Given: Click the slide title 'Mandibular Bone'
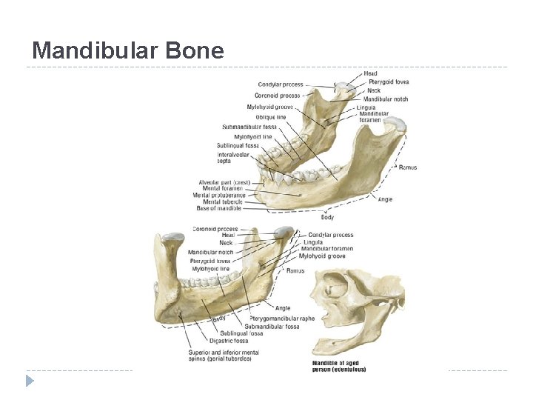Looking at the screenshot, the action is [x=128, y=50].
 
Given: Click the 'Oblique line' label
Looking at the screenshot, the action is [x=270, y=117].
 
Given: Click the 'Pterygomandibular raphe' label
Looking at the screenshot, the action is [x=282, y=319].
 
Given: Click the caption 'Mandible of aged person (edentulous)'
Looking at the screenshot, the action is [x=338, y=366].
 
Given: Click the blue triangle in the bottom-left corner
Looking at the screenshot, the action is [x=29, y=381].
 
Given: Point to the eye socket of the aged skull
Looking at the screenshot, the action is [x=331, y=284].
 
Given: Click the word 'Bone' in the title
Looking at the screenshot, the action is [x=195, y=50].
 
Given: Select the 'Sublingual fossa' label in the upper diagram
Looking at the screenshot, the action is [x=238, y=145].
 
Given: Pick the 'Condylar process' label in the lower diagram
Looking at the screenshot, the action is [x=330, y=235].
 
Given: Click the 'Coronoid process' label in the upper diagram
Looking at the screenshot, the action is [x=277, y=96].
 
